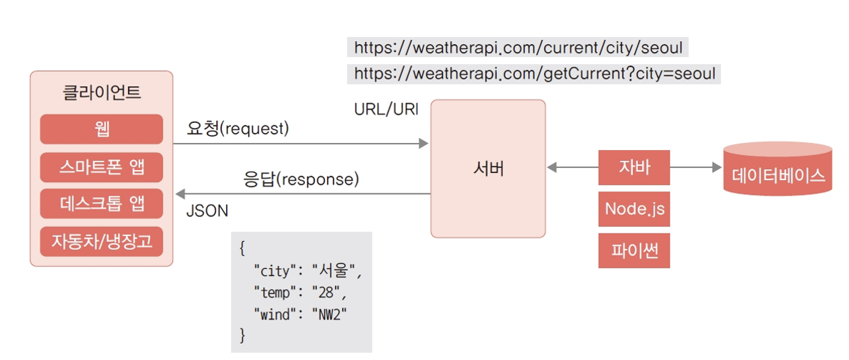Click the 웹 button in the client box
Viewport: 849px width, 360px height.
pos(101,129)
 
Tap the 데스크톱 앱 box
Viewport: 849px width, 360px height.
pos(101,203)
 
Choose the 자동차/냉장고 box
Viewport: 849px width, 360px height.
pos(101,240)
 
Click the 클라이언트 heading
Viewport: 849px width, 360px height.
pos(102,92)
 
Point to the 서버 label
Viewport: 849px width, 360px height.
pos(488,169)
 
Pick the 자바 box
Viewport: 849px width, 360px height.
pos(634,168)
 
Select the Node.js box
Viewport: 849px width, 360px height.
pos(634,208)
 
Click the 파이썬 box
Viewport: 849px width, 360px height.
pos(634,250)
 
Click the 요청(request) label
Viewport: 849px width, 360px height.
pos(238,129)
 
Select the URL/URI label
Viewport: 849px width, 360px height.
pos(386,110)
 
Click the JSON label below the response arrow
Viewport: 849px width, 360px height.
pos(207,211)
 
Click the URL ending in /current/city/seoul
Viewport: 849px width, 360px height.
pos(518,48)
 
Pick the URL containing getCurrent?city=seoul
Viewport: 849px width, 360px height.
pos(534,73)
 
